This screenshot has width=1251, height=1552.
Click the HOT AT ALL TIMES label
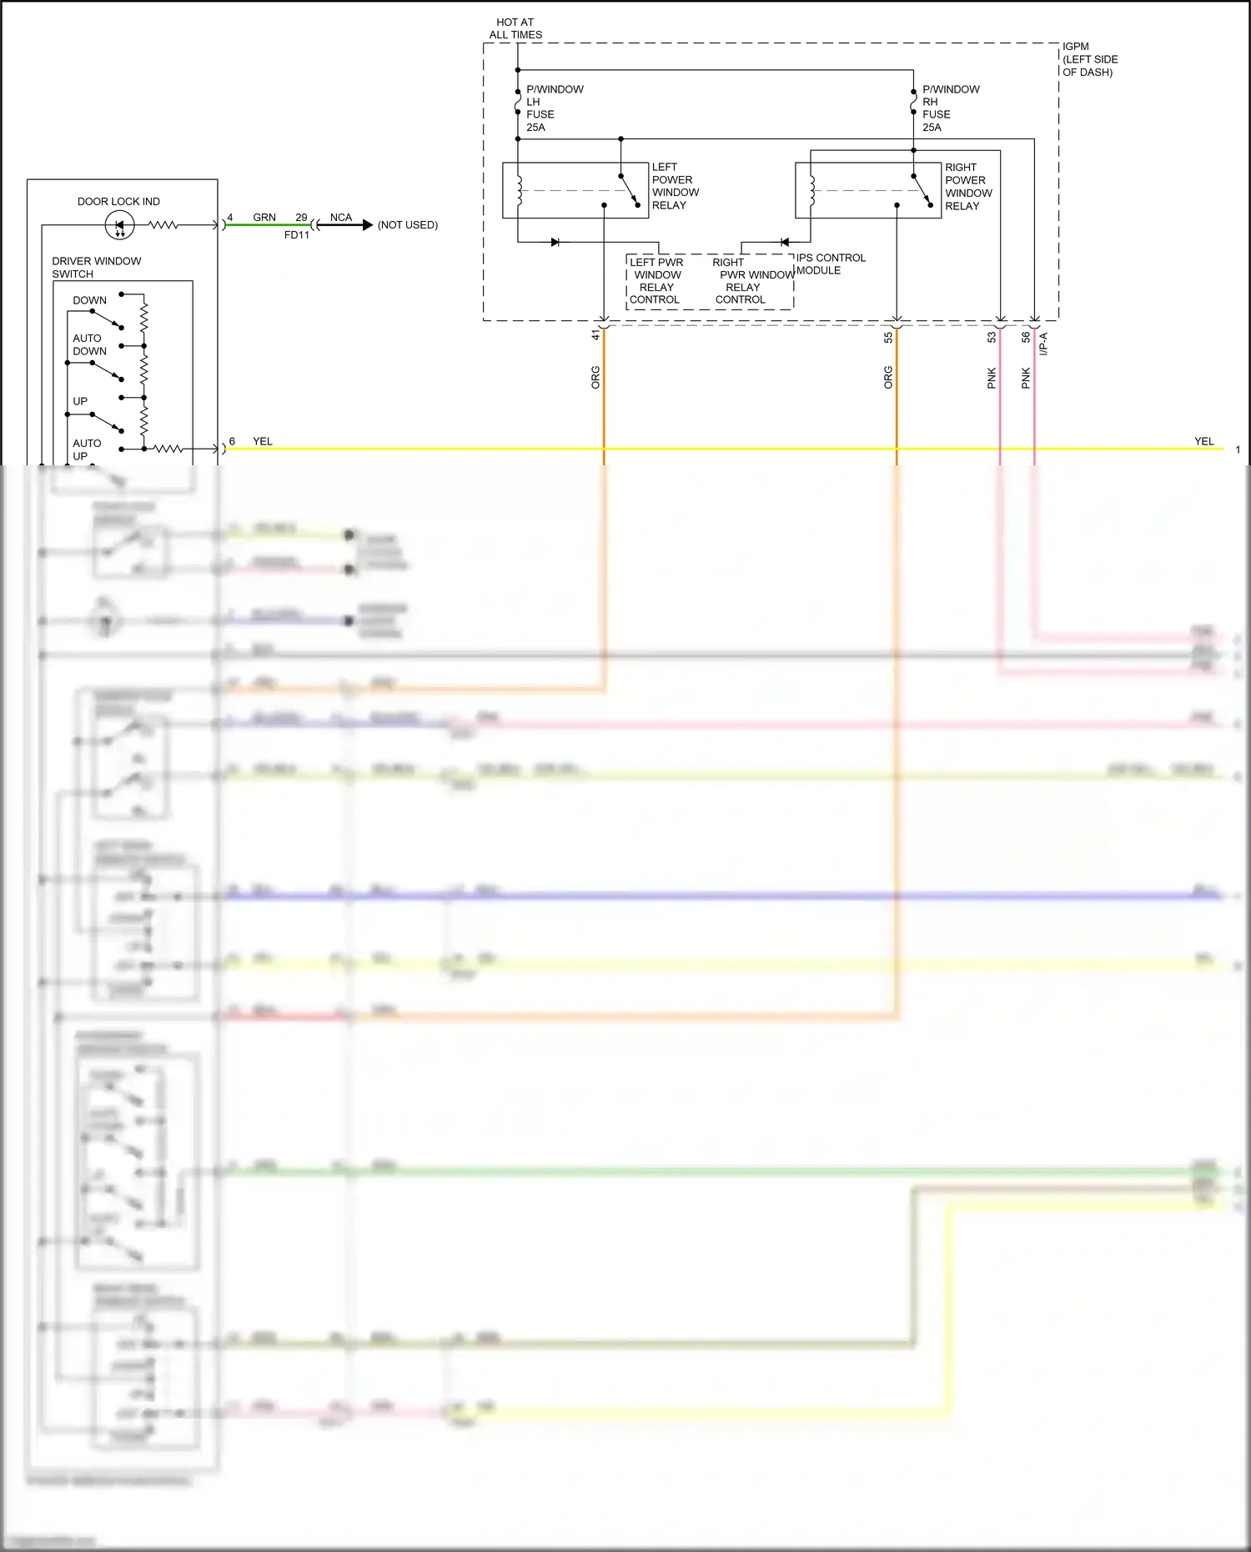click(x=515, y=28)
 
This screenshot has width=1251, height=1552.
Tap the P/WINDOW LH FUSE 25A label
click(x=554, y=108)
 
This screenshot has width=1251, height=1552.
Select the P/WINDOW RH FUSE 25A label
click(x=950, y=108)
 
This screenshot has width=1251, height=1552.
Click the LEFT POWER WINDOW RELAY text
click(x=675, y=186)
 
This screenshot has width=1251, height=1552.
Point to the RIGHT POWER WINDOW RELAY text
click(x=967, y=187)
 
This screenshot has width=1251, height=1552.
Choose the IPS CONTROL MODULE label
click(x=830, y=264)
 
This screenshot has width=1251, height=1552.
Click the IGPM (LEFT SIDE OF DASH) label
click(x=1089, y=59)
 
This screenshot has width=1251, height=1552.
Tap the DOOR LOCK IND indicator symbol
click(x=119, y=225)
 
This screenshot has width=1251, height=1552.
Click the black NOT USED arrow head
click(x=367, y=225)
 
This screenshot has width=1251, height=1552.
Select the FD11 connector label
click(x=297, y=235)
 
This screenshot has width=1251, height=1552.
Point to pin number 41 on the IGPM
click(x=595, y=335)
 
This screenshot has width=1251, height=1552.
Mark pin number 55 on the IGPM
click(x=888, y=337)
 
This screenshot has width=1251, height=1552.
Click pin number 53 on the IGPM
click(x=992, y=337)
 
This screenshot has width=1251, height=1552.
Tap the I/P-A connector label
click(x=1043, y=344)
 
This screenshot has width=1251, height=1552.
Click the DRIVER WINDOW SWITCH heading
click(x=96, y=268)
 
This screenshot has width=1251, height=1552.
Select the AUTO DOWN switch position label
click(x=89, y=344)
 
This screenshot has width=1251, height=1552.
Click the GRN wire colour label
click(x=264, y=218)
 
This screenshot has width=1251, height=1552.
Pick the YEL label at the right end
click(x=1203, y=441)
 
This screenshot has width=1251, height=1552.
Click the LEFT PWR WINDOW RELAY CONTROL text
click(x=656, y=281)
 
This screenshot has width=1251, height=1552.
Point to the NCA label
click(x=341, y=218)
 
